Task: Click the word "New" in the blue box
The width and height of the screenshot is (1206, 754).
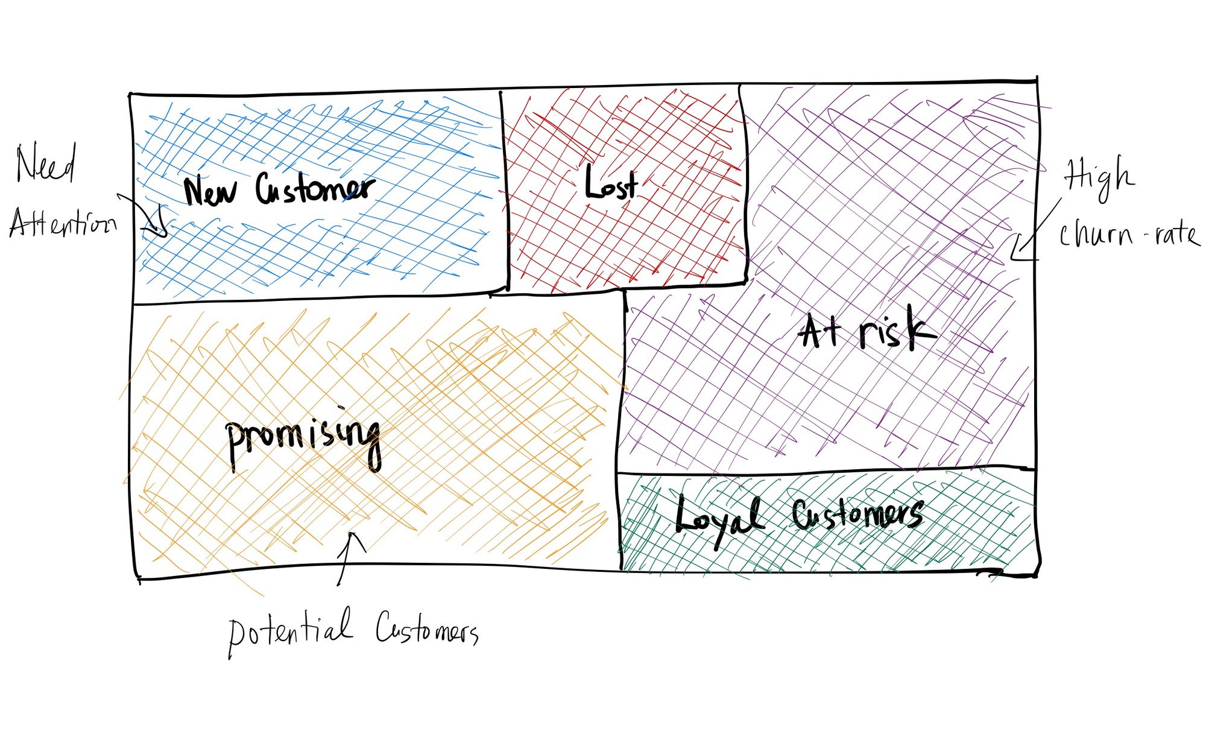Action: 210,192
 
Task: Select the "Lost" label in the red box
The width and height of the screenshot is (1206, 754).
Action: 610,183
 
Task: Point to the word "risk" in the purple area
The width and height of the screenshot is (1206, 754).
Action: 898,329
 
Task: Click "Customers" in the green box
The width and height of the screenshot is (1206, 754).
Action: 857,515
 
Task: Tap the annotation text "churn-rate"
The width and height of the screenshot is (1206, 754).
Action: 1128,234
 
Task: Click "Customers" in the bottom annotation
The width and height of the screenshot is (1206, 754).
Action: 427,630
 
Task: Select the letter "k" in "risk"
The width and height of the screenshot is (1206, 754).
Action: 921,329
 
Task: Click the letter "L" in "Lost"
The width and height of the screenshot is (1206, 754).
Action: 594,183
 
